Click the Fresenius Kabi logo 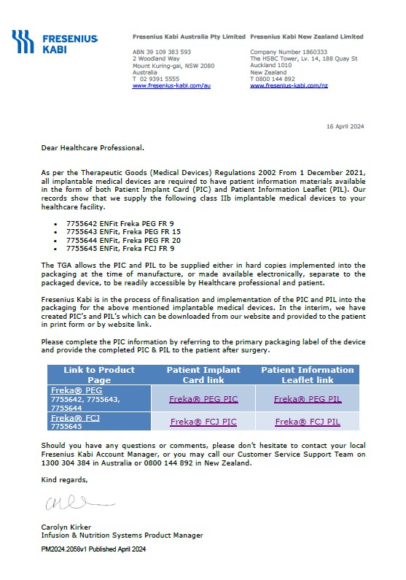coord(55,42)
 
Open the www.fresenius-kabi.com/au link coord(171,86)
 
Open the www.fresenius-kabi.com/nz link coord(289,86)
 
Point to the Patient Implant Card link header coord(203,375)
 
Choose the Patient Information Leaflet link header coord(308,375)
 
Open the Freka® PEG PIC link coord(203,399)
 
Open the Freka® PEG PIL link coord(307,399)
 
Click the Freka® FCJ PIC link coord(203,422)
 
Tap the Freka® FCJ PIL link coord(307,422)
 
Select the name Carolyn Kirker coord(66,527)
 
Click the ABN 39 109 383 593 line coord(161,53)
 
